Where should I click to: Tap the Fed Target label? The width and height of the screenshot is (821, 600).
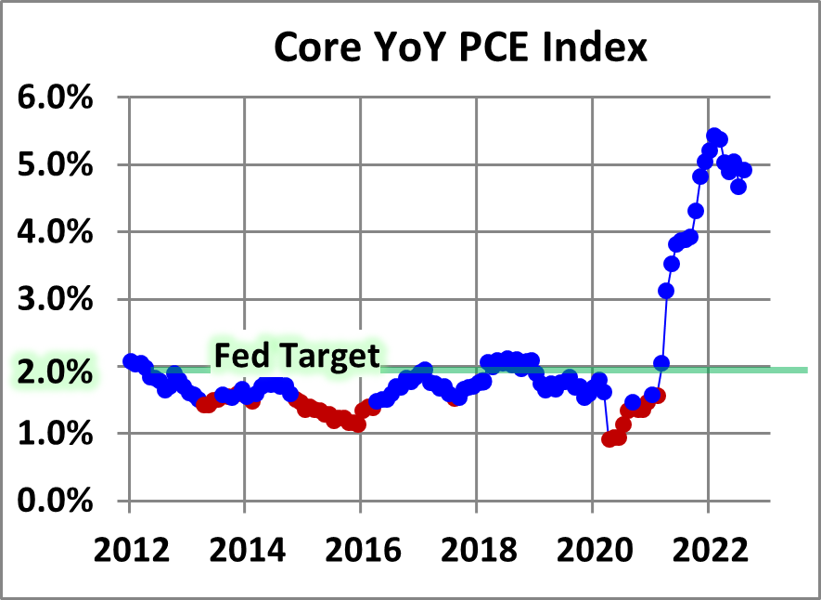pos(297,356)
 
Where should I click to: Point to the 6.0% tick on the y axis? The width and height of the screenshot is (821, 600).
pos(56,98)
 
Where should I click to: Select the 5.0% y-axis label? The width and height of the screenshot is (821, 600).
pos(56,165)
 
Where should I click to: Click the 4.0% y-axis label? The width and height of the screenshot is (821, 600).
pos(56,232)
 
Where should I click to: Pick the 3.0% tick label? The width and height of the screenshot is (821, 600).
pos(56,300)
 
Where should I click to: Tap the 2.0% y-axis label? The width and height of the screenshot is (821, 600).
pos(56,368)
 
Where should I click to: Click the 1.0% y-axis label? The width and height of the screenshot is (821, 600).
pos(56,434)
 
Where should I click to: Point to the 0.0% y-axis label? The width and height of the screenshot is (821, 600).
pos(56,502)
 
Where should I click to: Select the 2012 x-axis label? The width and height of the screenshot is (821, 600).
pos(129,549)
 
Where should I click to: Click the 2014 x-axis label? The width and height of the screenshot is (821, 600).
pos(244,549)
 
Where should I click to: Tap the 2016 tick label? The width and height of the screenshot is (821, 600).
pos(360,549)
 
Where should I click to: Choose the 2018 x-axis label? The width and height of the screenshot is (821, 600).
pos(476,549)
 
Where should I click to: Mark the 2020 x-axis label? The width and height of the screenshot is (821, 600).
pos(592,549)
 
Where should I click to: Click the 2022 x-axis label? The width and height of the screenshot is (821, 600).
pos(708,549)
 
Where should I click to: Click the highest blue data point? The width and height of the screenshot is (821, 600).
pos(714,137)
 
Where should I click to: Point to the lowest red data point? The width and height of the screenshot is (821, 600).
pos(609,439)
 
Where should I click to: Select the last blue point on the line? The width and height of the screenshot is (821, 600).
pos(743,170)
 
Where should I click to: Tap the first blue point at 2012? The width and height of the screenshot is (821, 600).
pos(130,361)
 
